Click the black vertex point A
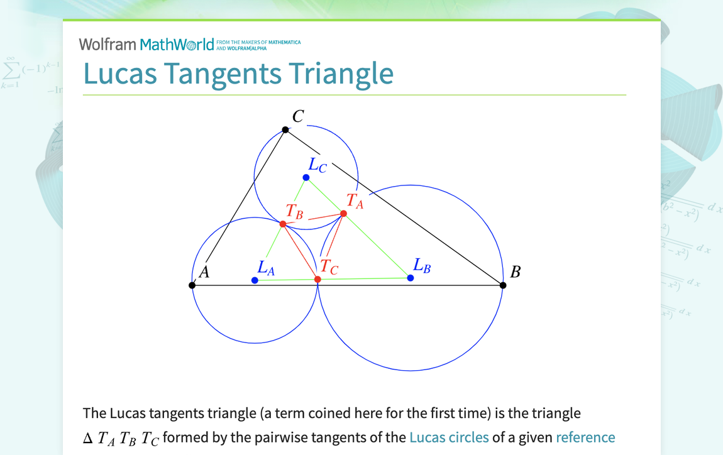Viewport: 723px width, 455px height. (x=192, y=285)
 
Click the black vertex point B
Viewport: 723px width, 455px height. (x=503, y=285)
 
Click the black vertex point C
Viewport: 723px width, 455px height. (x=285, y=129)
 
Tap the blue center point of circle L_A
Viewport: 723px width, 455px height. (x=255, y=280)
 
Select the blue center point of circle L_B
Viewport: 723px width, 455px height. (x=411, y=278)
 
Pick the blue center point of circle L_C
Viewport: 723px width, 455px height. (x=306, y=177)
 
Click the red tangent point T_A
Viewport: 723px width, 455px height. (x=344, y=214)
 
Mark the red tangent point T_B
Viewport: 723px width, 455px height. (x=283, y=224)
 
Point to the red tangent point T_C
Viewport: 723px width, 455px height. (x=317, y=279)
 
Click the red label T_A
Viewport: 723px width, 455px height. (x=355, y=201)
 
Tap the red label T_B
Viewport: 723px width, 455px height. (x=295, y=211)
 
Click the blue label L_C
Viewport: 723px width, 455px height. (x=317, y=165)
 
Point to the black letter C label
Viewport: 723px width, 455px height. (x=298, y=116)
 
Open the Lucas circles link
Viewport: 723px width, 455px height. (x=449, y=437)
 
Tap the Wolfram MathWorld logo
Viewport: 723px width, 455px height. (x=146, y=44)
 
